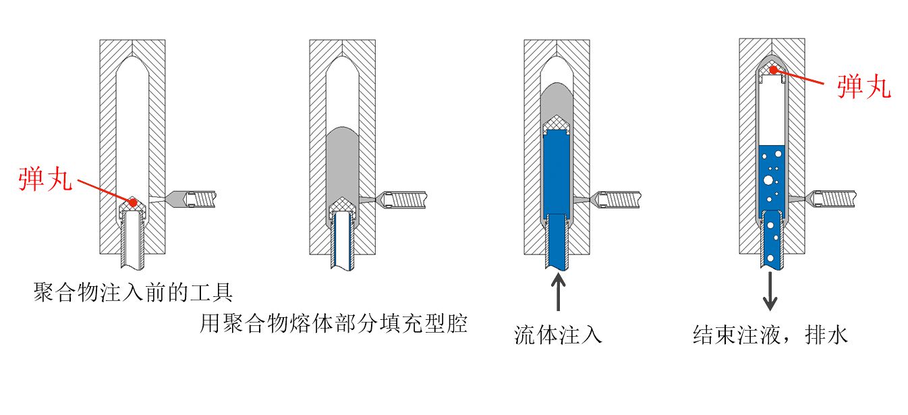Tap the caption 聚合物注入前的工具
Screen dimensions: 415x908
pos(133,293)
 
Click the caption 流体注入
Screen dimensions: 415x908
pos(558,334)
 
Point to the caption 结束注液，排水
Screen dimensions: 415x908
pos(770,334)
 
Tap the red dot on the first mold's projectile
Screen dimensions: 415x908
pos(134,202)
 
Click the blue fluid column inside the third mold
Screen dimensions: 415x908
pos(558,175)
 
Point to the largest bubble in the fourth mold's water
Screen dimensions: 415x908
pos(768,180)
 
